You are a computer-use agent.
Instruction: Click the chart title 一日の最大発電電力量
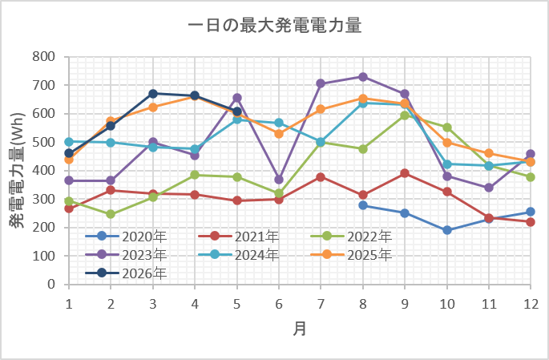[x=274, y=26]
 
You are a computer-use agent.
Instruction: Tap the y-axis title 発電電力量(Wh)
[x=17, y=170]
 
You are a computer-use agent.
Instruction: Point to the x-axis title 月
[x=300, y=329]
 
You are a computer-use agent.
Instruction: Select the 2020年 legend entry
[x=126, y=237]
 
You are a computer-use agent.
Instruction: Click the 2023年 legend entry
[x=126, y=255]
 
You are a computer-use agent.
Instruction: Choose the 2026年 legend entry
[x=126, y=273]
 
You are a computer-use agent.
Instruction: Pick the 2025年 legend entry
[x=351, y=255]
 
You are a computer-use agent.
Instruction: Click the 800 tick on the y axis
[x=44, y=57]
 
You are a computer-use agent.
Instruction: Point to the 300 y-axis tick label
[x=44, y=199]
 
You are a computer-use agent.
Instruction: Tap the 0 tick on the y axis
[x=51, y=284]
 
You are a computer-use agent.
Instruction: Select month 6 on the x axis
[x=279, y=304]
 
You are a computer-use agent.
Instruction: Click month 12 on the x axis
[x=531, y=304]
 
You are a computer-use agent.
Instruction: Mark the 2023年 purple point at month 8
[x=363, y=77]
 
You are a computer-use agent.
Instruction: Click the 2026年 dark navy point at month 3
[x=153, y=94]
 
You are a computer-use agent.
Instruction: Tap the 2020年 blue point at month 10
[x=447, y=230]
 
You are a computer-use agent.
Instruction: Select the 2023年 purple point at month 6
[x=279, y=180]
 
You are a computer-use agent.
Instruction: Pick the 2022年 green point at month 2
[x=111, y=214]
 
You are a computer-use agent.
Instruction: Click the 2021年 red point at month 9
[x=405, y=173]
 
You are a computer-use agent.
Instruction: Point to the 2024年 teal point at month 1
[x=69, y=142]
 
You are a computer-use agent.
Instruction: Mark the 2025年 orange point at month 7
[x=321, y=109]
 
